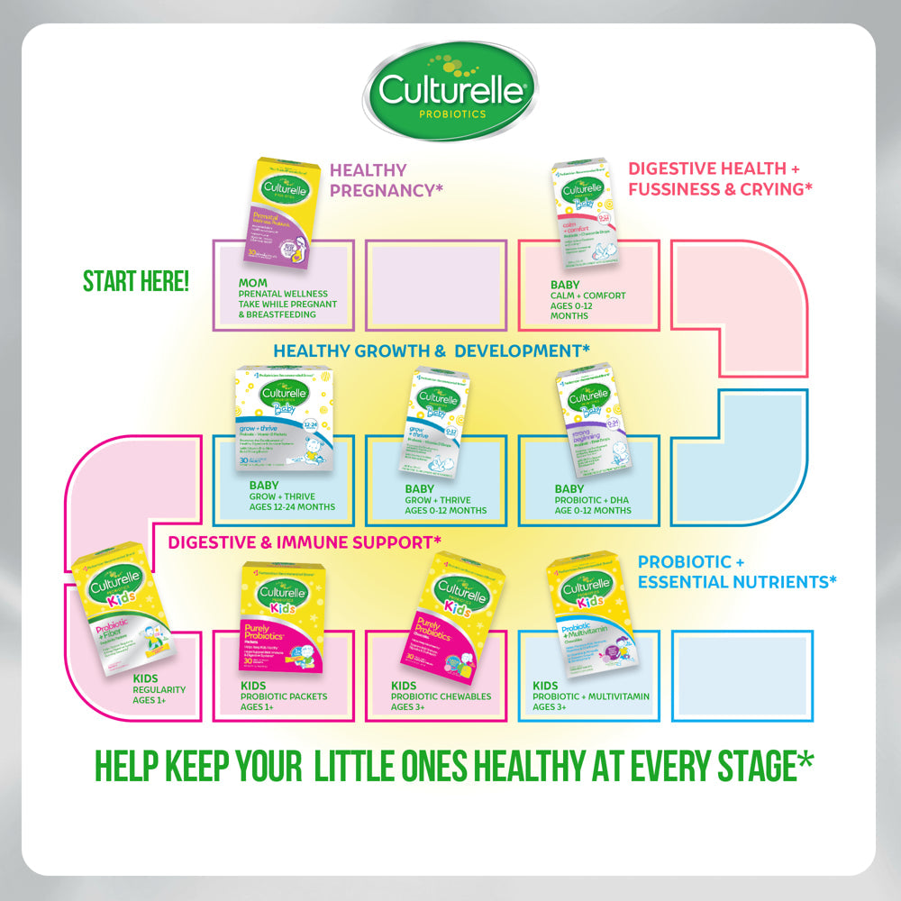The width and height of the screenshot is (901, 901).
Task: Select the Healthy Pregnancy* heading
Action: (369, 179)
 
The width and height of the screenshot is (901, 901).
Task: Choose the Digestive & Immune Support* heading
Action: (305, 542)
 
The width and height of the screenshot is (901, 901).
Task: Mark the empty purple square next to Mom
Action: (434, 284)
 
